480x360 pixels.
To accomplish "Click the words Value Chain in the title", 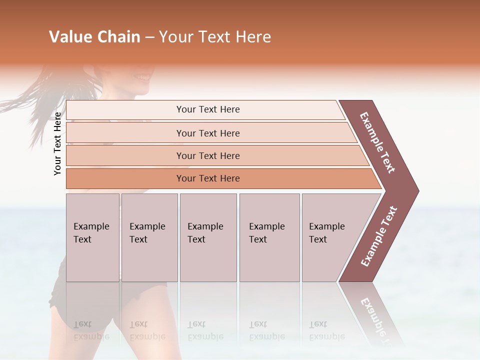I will pyautogui.click(x=94, y=37).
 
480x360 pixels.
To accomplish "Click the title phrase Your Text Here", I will pyautogui.click(x=215, y=37).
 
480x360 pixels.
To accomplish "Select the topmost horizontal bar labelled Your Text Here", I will pyautogui.click(x=207, y=109).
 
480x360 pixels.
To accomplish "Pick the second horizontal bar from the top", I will pyautogui.click(x=207, y=133).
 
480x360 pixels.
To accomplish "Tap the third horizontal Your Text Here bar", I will pyautogui.click(x=207, y=155).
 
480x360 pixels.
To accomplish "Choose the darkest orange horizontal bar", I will pyautogui.click(x=207, y=178).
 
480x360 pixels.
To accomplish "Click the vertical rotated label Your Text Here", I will pyautogui.click(x=58, y=143).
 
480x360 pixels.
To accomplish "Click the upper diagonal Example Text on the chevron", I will pyautogui.click(x=377, y=142).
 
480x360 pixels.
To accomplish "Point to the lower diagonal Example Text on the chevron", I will pyautogui.click(x=379, y=236).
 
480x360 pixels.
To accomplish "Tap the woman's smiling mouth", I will pyautogui.click(x=143, y=77).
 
